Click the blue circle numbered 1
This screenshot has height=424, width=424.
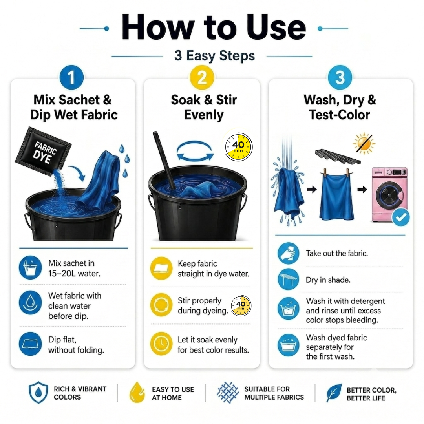pos(71,77)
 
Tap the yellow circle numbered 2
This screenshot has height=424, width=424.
pos(202,77)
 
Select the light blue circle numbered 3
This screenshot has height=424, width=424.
pos(340,77)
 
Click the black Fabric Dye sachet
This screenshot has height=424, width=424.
pos(43,152)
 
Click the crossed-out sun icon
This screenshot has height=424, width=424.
pos(364,143)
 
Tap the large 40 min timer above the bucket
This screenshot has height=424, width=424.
pos(239,147)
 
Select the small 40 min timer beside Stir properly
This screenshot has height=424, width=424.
pos(241,306)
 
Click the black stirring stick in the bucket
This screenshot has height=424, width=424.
pos(164,160)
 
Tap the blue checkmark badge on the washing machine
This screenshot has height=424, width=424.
pos(401,217)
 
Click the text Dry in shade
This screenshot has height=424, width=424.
pos(328,280)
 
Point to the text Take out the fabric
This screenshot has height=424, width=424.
pos(337,253)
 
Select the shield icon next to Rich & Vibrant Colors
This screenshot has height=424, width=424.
pos(38,392)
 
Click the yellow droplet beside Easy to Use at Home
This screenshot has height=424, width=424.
pos(137,392)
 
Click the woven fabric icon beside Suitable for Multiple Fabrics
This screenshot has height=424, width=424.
pos(228,393)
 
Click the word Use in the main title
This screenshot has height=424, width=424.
pos(276,28)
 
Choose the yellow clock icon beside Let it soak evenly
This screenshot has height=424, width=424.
pos(161,344)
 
